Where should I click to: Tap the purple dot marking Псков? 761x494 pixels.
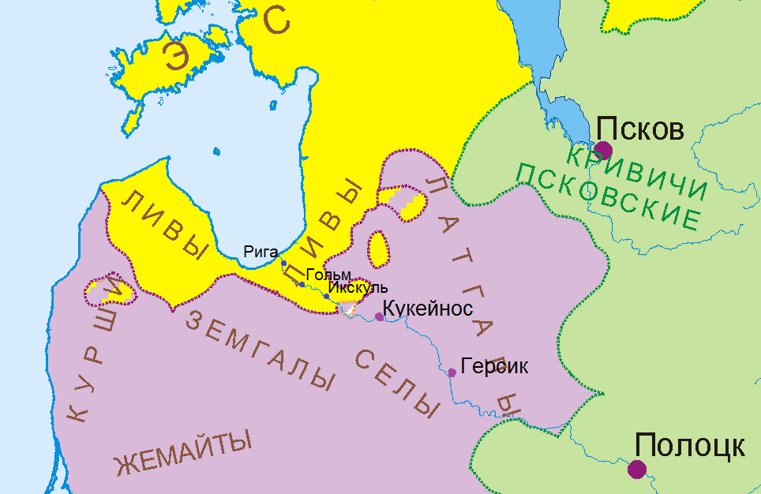pyautogui.click(x=604, y=150)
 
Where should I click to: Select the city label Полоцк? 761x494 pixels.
pyautogui.click(x=689, y=446)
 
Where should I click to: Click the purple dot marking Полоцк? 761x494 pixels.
pyautogui.click(x=637, y=470)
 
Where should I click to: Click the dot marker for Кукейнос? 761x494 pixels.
pyautogui.click(x=379, y=316)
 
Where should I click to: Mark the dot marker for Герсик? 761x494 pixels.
pyautogui.click(x=452, y=372)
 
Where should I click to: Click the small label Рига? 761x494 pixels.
pyautogui.click(x=261, y=253)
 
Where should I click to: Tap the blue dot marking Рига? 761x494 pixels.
pyautogui.click(x=283, y=263)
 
